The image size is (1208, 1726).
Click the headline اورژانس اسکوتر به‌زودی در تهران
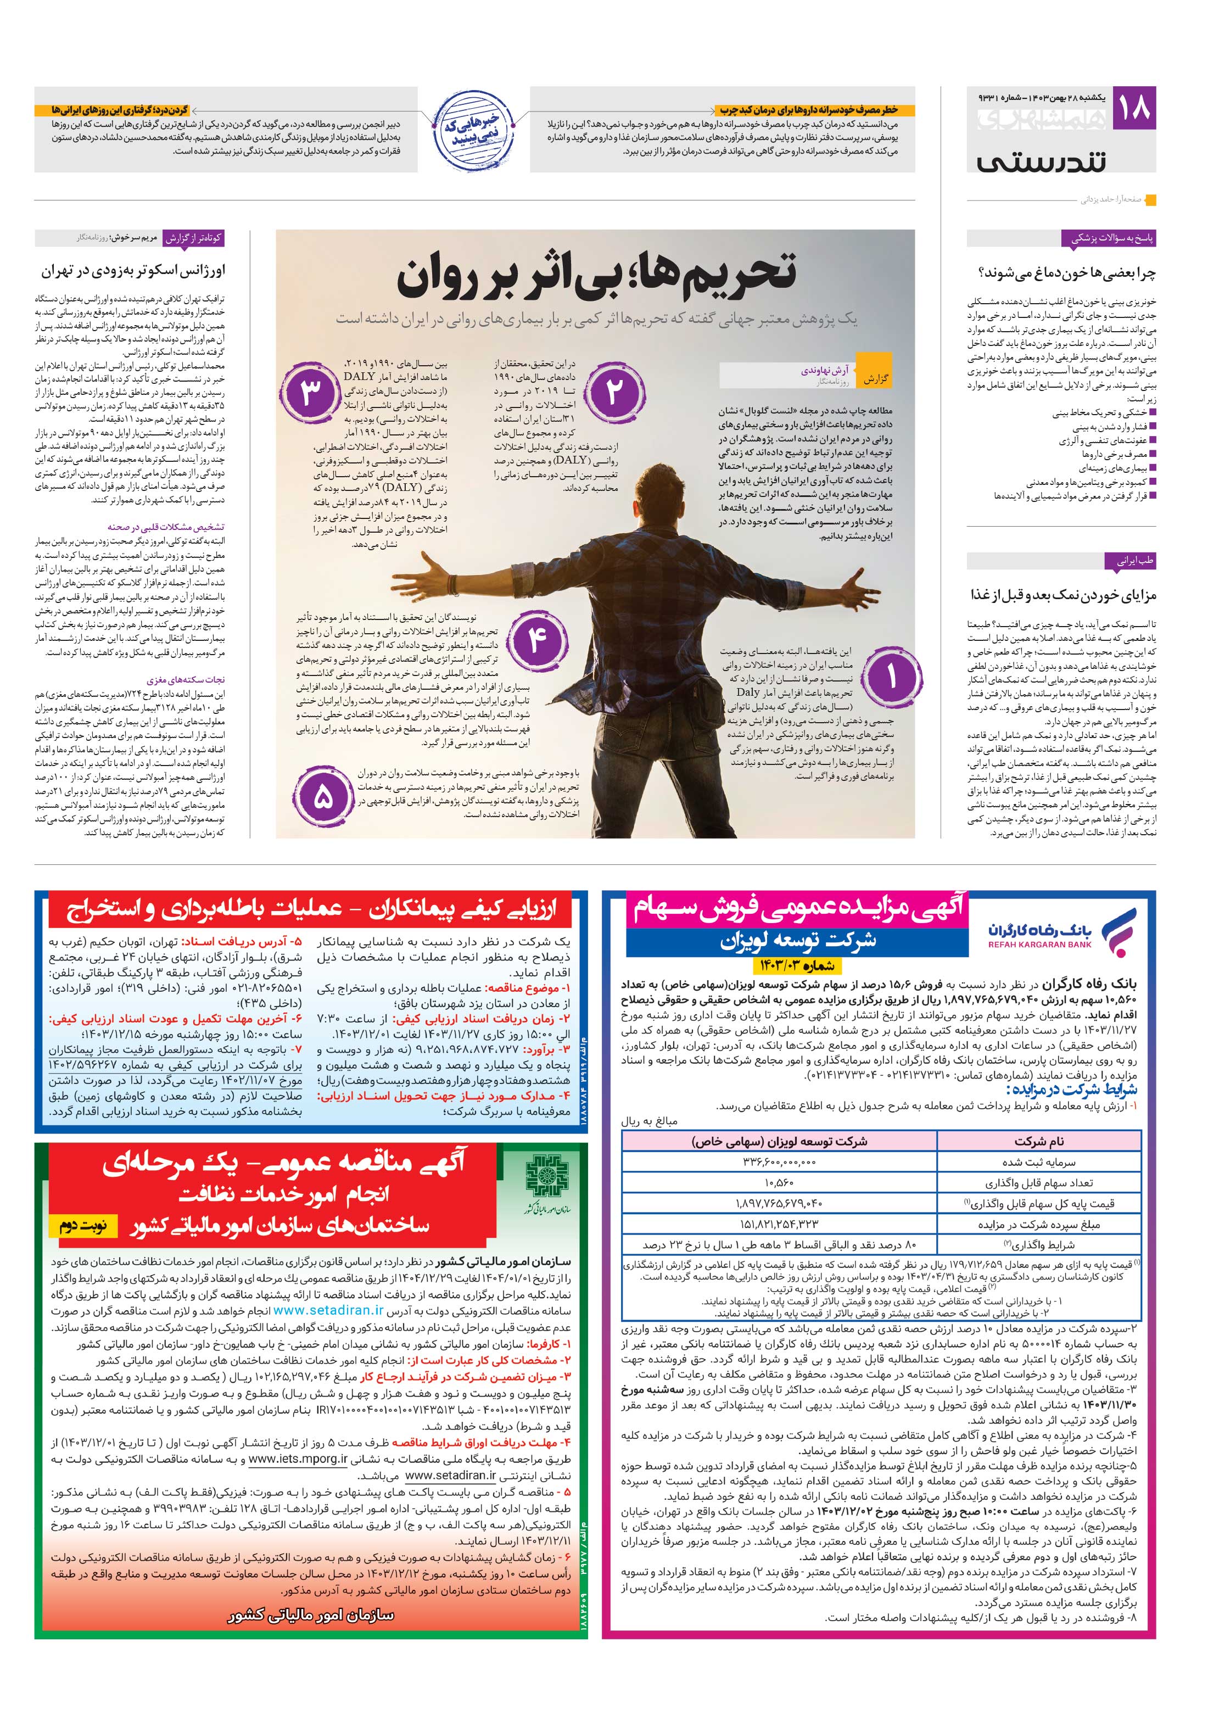click(133, 271)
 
